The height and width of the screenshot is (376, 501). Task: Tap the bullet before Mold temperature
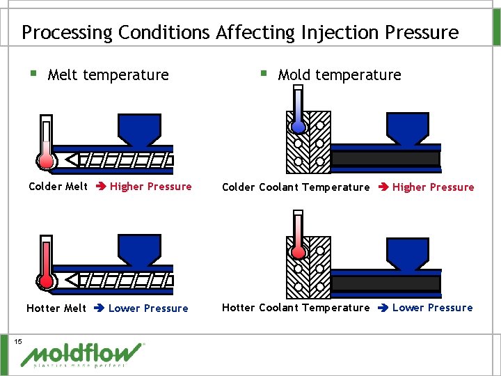262,72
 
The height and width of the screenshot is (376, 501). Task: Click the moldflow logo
83,354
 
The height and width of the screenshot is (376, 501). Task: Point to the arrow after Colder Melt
99,187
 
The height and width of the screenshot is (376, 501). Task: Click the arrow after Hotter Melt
97,308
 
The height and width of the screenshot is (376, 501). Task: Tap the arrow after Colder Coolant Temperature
381,187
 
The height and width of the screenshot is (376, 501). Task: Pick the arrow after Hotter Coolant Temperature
381,308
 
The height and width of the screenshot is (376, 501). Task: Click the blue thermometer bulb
299,127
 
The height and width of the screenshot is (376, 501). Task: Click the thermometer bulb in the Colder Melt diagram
47,161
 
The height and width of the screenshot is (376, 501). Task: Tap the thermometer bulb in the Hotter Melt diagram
47,281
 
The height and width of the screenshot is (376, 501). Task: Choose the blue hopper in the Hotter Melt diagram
139,249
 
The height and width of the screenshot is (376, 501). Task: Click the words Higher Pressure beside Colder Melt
150,187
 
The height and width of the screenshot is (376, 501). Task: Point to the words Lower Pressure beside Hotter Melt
148,308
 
